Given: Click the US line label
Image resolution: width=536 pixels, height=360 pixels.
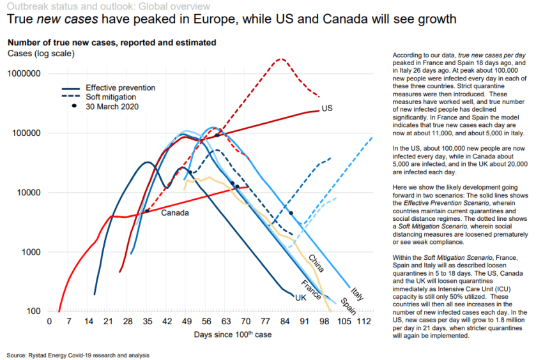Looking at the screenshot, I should [x=328, y=109].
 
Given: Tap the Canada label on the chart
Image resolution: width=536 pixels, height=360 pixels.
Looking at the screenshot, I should [x=174, y=213].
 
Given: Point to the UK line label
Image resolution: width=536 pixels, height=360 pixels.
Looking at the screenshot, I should [x=301, y=298].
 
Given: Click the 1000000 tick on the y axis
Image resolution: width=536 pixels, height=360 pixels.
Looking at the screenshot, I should [x=25, y=74].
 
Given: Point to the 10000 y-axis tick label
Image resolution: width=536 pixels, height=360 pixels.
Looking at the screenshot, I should [x=29, y=193].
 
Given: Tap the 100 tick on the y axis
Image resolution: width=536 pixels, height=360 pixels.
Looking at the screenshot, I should [x=34, y=311].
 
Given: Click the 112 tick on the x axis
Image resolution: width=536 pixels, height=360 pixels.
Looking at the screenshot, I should [x=365, y=321].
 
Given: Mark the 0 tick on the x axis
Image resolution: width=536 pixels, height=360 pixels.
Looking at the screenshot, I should [x=50, y=321].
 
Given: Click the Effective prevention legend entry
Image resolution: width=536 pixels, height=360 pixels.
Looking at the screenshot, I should [x=120, y=87].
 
